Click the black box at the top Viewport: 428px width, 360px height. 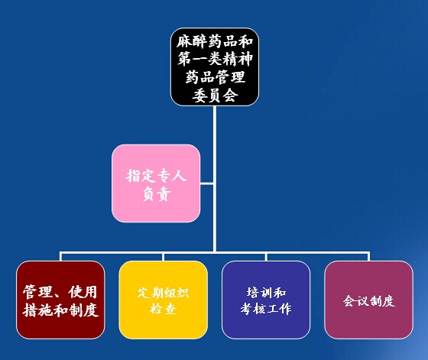coord(215,66)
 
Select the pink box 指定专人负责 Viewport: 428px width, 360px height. coord(156,183)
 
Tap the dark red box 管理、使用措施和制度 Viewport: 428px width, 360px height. coord(60,300)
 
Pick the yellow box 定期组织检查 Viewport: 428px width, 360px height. coord(164,300)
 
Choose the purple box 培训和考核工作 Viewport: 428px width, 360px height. coord(266,300)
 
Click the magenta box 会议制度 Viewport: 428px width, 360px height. coord(368,300)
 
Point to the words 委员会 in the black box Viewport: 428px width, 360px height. coord(215,96)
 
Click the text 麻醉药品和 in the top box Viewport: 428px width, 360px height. coord(215,41)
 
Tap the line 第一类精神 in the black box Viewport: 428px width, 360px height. coord(215,59)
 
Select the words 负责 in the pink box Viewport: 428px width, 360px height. coord(157,194)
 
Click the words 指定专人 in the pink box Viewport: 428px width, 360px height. coord(157,175)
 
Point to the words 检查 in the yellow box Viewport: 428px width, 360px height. coord(164,309)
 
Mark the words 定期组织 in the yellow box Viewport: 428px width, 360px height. coord(164,293)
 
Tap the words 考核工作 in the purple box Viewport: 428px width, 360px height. coord(266,309)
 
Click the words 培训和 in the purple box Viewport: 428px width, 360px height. coord(266,293)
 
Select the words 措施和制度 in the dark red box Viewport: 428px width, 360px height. coord(60,310)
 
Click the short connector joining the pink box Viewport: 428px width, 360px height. coord(206,183)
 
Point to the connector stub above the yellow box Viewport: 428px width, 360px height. coord(164,257)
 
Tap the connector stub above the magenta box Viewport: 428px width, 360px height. coord(368,257)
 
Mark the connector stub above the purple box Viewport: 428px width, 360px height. coord(266,257)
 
